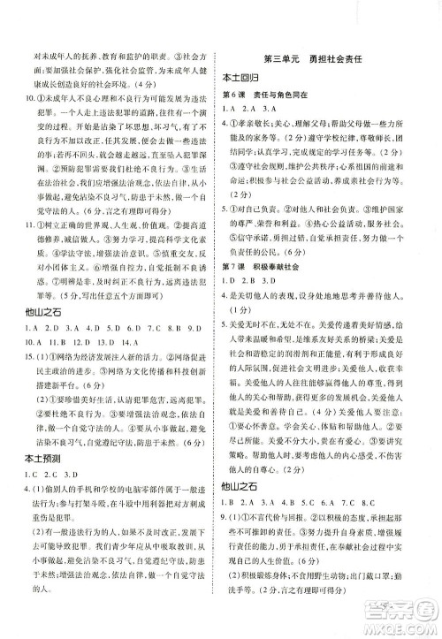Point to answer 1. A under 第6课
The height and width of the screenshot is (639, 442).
click(x=230, y=108)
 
